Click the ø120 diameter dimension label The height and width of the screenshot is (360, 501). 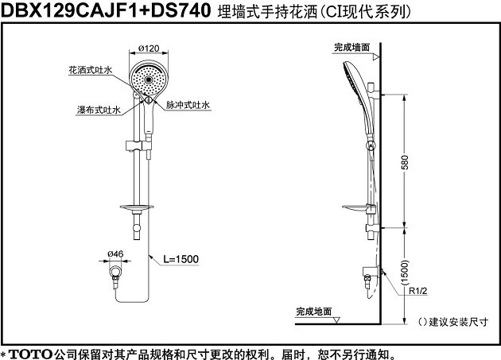149,48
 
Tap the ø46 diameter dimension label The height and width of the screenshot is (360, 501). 115,254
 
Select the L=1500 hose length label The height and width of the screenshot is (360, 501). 181,259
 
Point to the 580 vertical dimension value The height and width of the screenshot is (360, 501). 405,162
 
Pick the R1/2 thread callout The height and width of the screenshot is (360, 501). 418,291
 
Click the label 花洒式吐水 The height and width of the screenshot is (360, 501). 91,70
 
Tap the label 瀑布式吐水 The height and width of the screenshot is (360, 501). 99,110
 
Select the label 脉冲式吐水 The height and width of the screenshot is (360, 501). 188,105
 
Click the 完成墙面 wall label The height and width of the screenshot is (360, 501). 351,47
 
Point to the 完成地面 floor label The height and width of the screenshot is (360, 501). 314,312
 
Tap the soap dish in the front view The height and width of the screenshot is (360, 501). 137,208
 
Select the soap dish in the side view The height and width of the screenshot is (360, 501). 355,208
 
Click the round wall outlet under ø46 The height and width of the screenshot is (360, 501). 115,272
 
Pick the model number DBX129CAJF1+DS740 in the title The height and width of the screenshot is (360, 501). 106,10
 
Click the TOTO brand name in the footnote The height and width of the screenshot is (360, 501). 30,354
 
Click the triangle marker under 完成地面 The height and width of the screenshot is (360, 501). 336,320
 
